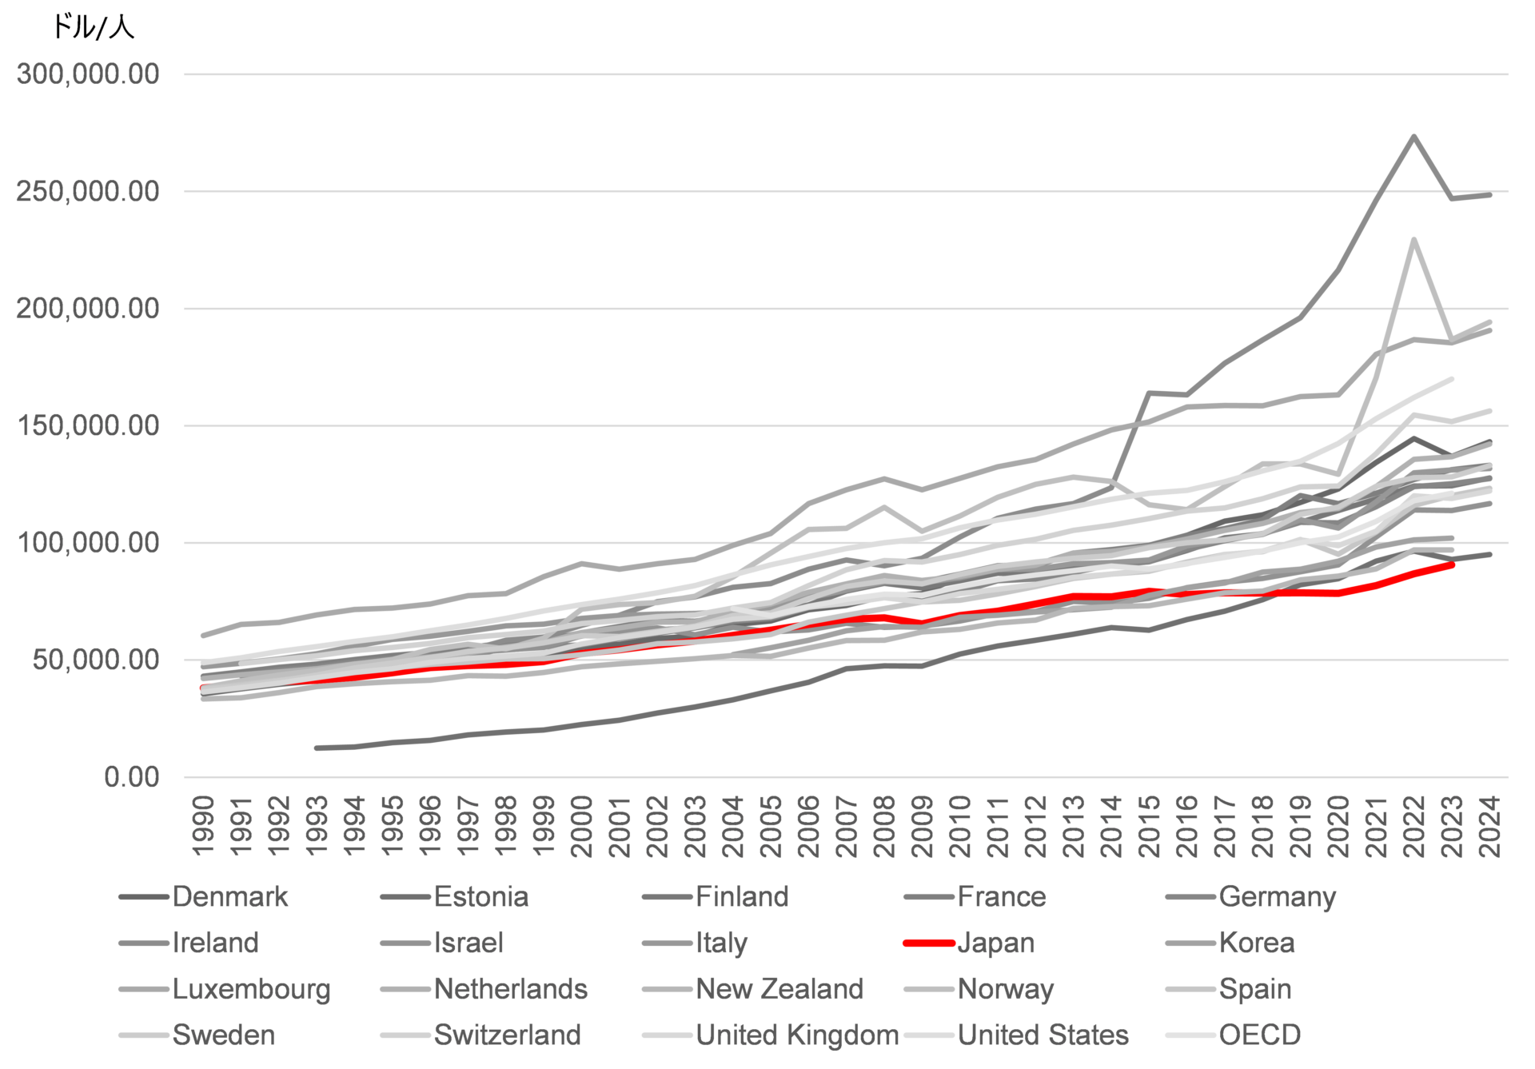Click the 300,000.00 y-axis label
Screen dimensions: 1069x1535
point(88,74)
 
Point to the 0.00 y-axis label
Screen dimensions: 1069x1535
point(131,777)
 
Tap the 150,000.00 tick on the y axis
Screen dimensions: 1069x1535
point(88,425)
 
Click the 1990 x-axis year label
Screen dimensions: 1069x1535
point(204,825)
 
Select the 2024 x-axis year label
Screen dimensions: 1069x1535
point(1491,825)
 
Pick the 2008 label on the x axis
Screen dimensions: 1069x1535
point(885,825)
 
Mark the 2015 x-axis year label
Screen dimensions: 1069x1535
point(1150,825)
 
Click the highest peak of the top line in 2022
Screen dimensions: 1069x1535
point(1414,136)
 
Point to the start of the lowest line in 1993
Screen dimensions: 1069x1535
point(317,748)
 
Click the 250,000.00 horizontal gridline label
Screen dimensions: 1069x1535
point(88,192)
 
